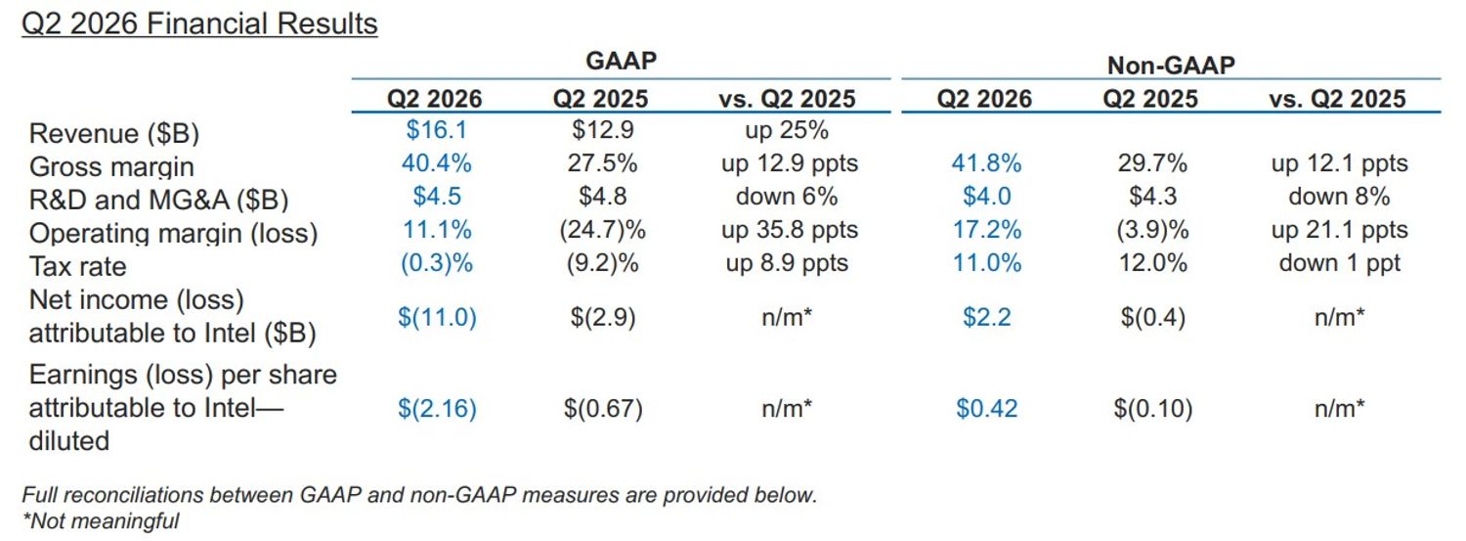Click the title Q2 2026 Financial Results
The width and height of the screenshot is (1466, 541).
(x=199, y=24)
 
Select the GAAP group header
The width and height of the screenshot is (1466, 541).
(x=621, y=61)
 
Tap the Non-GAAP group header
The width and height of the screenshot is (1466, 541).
(x=1171, y=65)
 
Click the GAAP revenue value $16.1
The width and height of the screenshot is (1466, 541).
(x=437, y=130)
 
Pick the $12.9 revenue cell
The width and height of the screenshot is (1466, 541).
(x=603, y=130)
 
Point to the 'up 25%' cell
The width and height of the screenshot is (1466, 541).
(x=787, y=130)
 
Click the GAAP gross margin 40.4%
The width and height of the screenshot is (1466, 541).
(x=437, y=163)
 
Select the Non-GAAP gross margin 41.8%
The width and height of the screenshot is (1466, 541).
(x=986, y=163)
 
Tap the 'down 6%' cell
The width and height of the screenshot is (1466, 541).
(x=787, y=197)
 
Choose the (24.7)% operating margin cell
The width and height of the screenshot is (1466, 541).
(x=603, y=230)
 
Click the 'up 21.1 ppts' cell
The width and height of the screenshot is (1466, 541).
(x=1339, y=230)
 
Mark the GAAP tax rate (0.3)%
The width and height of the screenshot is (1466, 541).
(x=437, y=263)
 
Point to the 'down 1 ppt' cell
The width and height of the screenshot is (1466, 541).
(x=1339, y=263)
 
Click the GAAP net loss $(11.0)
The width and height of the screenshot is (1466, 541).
(x=437, y=317)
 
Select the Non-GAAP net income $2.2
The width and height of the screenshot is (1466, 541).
(x=986, y=317)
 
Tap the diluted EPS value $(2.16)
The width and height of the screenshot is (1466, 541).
(x=437, y=409)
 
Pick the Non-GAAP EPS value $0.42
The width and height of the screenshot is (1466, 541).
(x=986, y=409)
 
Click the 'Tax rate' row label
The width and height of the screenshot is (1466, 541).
(x=78, y=266)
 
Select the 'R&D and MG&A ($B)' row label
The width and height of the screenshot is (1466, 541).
(x=159, y=200)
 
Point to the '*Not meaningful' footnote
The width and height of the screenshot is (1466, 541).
(x=100, y=520)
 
